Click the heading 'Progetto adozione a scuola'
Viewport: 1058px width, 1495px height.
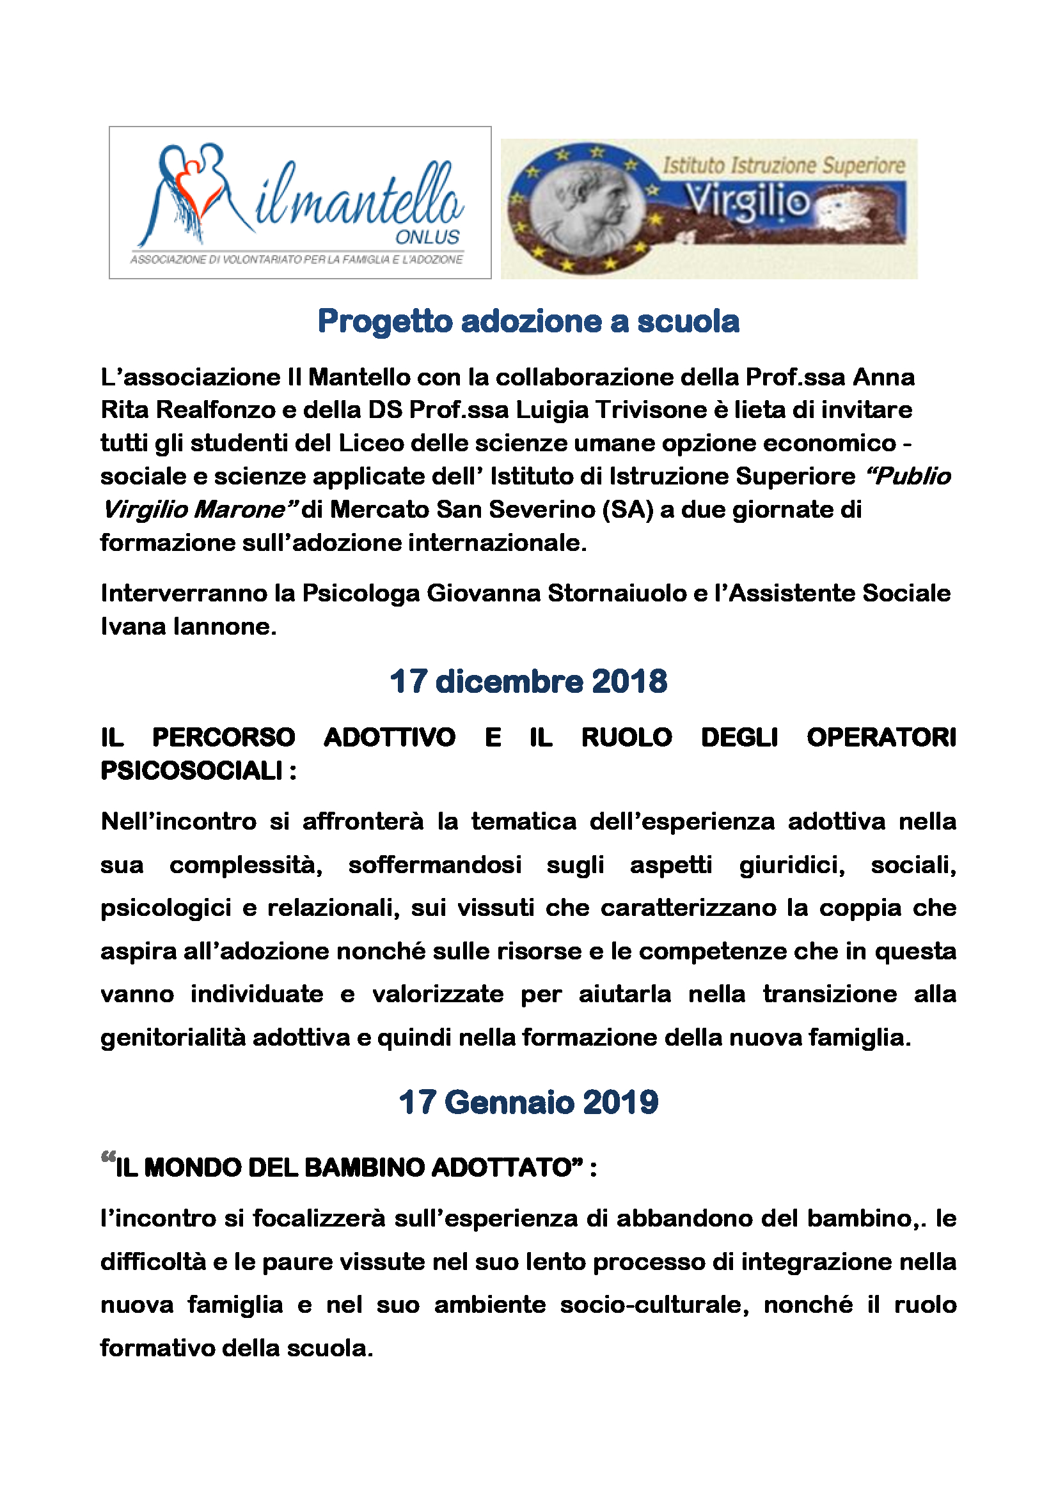[x=528, y=321]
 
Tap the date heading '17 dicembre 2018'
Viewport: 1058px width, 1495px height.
[x=528, y=682]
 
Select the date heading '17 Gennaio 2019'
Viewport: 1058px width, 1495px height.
[x=528, y=1103]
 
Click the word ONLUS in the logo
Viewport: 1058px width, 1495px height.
[x=427, y=237]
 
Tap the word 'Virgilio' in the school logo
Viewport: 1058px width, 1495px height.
[x=748, y=202]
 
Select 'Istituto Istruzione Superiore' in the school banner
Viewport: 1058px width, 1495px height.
[x=784, y=165]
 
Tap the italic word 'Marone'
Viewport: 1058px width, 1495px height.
[x=245, y=509]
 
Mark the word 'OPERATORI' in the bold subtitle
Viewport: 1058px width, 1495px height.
[x=881, y=738]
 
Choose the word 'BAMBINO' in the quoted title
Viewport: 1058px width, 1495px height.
[x=364, y=1168]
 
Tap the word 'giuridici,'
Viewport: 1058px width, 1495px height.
[x=791, y=865]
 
